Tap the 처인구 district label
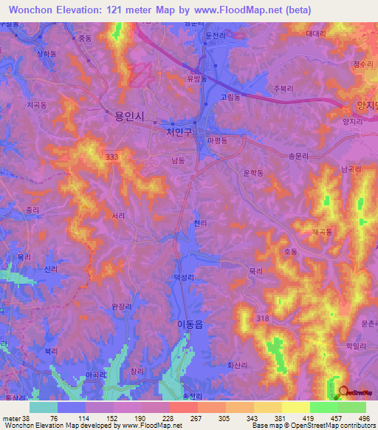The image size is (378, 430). coord(179,132)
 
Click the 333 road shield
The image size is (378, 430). coord(111,157)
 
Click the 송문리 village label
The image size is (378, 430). coord(297,157)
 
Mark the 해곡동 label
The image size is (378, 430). coord(323,232)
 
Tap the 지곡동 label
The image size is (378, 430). coord(36,106)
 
